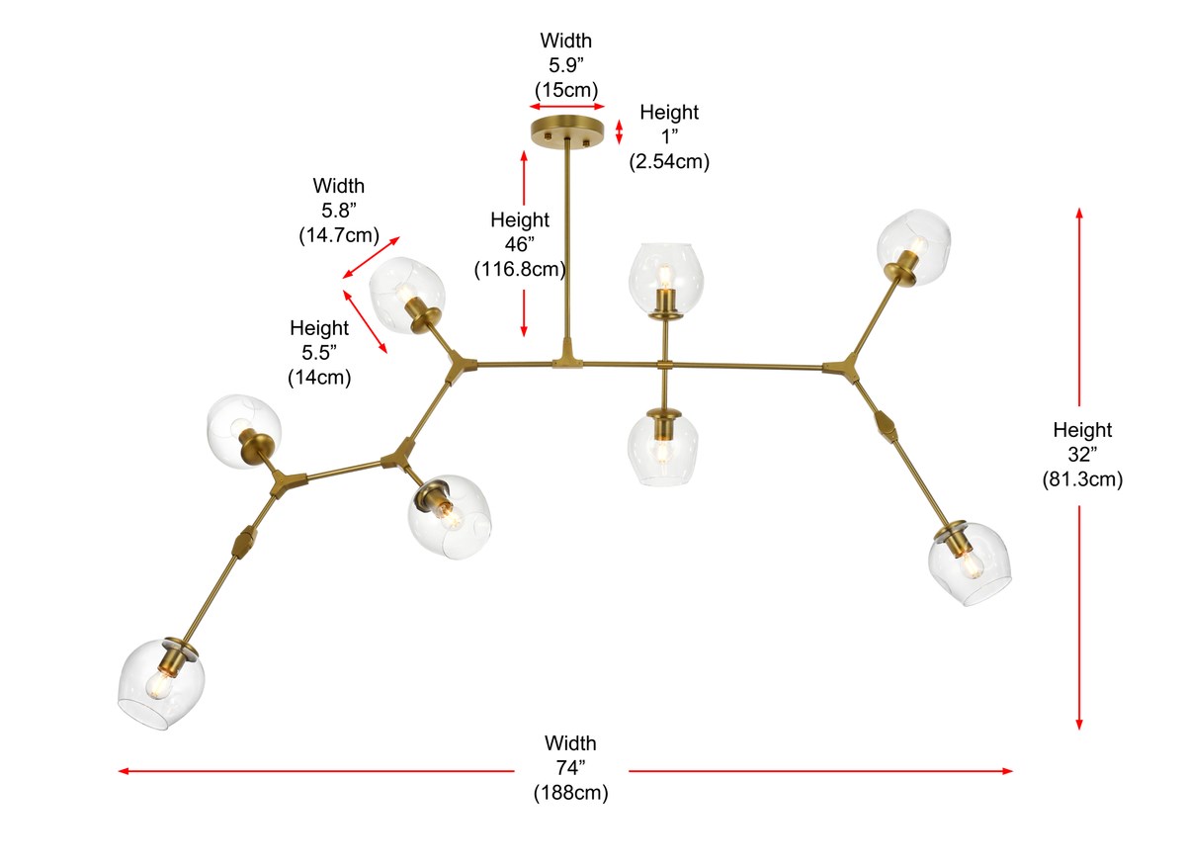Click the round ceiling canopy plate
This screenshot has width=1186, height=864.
pyautogui.click(x=566, y=131)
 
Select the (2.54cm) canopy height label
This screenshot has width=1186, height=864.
pyautogui.click(x=669, y=161)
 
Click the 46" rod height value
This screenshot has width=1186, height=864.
pyautogui.click(x=519, y=244)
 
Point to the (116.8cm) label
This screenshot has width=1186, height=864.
pyautogui.click(x=519, y=268)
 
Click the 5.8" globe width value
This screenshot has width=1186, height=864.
pyautogui.click(x=338, y=210)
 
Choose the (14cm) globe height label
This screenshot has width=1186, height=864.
pyautogui.click(x=318, y=377)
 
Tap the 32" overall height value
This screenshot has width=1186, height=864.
pyautogui.click(x=1081, y=455)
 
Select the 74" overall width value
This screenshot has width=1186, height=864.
pyautogui.click(x=570, y=768)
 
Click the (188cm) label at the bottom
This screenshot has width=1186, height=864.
pyautogui.click(x=570, y=792)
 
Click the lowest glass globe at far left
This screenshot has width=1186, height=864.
pyautogui.click(x=156, y=685)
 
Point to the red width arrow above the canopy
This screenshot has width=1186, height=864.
pyautogui.click(x=566, y=106)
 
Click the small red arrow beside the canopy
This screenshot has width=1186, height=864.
pyautogui.click(x=620, y=131)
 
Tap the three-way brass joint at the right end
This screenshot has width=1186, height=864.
pyautogui.click(x=842, y=368)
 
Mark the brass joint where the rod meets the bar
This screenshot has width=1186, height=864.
pyautogui.click(x=567, y=357)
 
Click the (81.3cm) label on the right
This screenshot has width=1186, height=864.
pyautogui.click(x=1081, y=479)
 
